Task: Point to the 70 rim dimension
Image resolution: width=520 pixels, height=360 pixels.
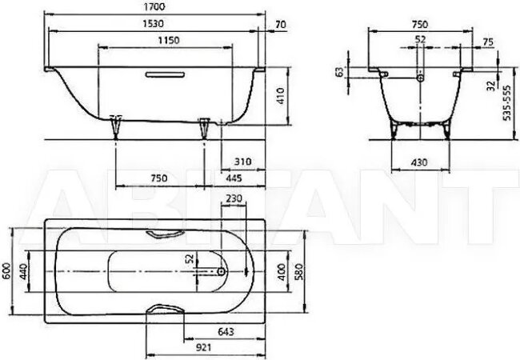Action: pyautogui.click(x=278, y=25)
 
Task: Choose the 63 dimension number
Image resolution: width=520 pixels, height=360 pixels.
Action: pyautogui.click(x=339, y=73)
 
